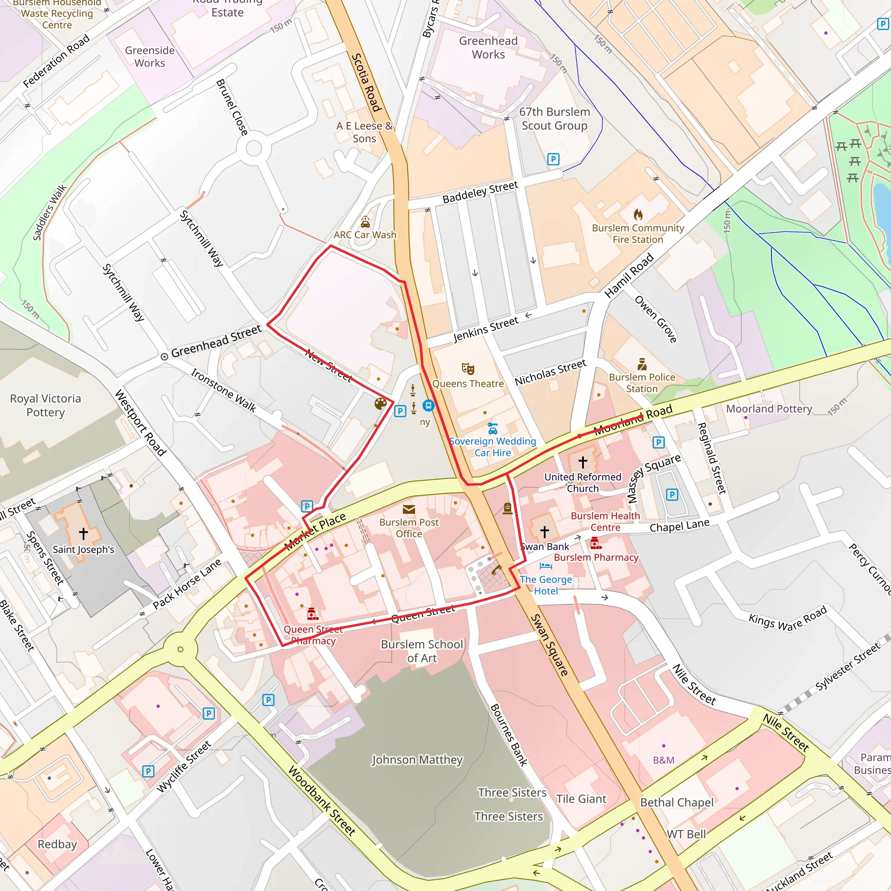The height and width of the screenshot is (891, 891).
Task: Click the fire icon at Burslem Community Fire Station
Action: [x=638, y=214]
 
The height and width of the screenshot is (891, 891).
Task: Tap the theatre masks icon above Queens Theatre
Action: [x=468, y=369]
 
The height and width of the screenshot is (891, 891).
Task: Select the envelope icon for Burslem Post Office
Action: [x=409, y=509]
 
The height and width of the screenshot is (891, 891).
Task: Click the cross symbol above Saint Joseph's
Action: [x=84, y=533]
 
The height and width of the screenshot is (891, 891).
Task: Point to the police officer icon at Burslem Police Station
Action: [x=642, y=364]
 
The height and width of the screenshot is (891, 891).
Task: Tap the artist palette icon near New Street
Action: [x=381, y=404]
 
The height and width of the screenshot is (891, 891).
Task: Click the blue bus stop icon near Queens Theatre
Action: [x=429, y=405]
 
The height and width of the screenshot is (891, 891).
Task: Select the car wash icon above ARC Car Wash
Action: [x=365, y=222]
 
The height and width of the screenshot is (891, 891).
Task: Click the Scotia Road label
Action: [x=366, y=83]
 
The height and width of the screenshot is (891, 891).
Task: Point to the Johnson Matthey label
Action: [x=417, y=759]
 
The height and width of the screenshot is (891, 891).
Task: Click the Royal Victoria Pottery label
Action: [x=45, y=405]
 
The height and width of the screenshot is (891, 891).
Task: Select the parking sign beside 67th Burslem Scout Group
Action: [x=553, y=160]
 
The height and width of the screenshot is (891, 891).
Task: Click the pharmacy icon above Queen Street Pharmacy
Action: [x=312, y=614]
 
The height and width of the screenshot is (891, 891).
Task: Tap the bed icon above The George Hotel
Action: [x=546, y=566]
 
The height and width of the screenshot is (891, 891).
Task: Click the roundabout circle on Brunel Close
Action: [x=253, y=149]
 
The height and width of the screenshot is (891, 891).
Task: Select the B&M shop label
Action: [x=663, y=760]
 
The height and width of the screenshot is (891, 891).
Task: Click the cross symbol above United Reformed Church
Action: [x=583, y=462]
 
